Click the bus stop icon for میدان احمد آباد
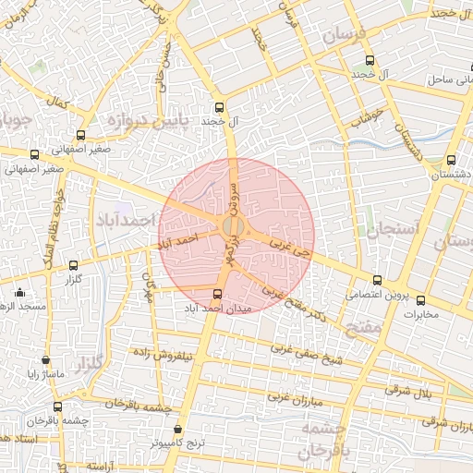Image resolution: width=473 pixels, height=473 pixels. tap(218, 294)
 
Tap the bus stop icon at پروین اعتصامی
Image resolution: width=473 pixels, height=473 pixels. tap(377, 281)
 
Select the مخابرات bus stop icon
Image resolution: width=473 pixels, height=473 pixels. tap(421, 299)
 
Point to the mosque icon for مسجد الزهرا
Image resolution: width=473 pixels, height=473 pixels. tap(17, 290)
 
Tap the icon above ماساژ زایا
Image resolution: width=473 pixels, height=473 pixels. tap(45, 360)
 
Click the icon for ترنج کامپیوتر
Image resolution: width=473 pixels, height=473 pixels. tap(179, 428)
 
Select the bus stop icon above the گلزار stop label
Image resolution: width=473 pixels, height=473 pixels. tap(74, 265)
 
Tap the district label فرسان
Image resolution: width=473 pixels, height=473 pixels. tap(346, 36)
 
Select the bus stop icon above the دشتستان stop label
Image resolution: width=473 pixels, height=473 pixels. tap(451, 160)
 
